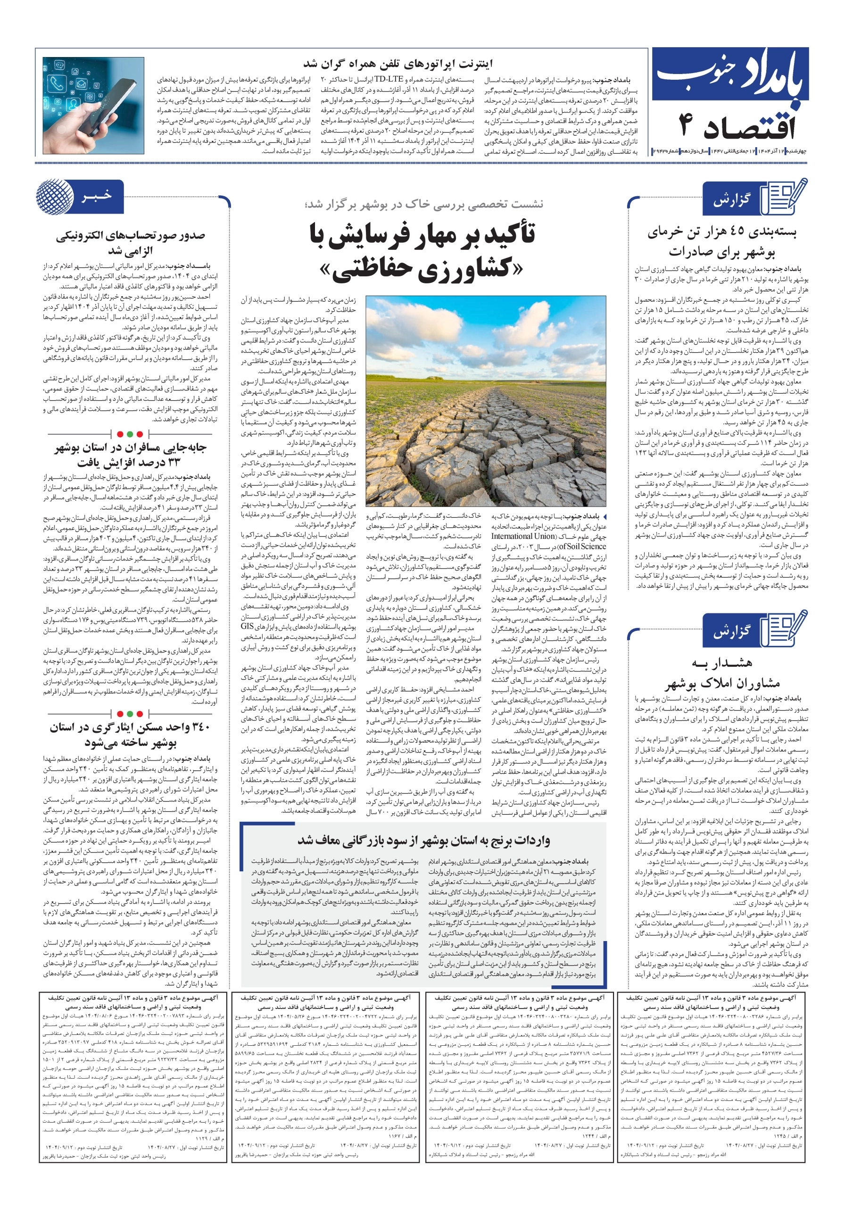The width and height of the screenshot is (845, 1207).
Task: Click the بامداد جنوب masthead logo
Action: pos(731,77)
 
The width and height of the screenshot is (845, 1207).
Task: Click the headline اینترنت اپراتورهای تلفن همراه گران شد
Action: pos(398,64)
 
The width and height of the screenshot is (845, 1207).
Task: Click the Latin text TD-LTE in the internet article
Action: pos(389,80)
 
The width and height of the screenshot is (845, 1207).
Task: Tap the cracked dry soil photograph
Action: pos(485,401)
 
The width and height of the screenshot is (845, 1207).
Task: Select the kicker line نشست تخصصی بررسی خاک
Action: pos(424,204)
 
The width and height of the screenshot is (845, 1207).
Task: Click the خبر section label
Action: pos(97,196)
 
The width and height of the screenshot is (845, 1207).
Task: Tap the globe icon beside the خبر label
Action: pos(55,196)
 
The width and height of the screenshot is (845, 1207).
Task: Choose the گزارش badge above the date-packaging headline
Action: pos(731,200)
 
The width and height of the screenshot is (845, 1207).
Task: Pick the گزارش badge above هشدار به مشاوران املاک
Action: pos(731,631)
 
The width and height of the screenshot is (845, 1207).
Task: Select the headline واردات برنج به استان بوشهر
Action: pos(423,840)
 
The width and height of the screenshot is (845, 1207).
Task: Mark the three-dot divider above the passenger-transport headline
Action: pos(130,434)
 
